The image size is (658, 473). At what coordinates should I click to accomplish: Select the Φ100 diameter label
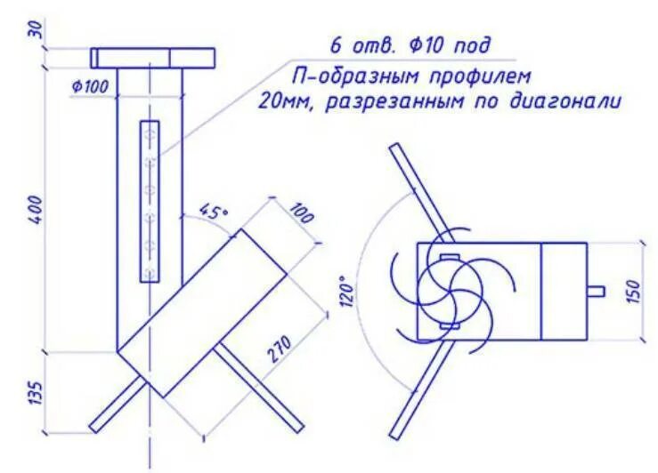tap(89, 86)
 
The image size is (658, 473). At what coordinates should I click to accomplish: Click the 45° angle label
tap(214, 212)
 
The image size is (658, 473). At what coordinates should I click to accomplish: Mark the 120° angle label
tap(346, 293)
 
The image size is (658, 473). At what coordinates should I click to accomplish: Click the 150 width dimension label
tap(633, 290)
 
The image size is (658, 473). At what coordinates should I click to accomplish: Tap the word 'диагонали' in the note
tap(564, 100)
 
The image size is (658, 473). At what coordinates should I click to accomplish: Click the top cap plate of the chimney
tap(153, 58)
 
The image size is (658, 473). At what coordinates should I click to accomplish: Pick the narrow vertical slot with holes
tap(150, 201)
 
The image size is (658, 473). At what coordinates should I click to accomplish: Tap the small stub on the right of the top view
tap(597, 291)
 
